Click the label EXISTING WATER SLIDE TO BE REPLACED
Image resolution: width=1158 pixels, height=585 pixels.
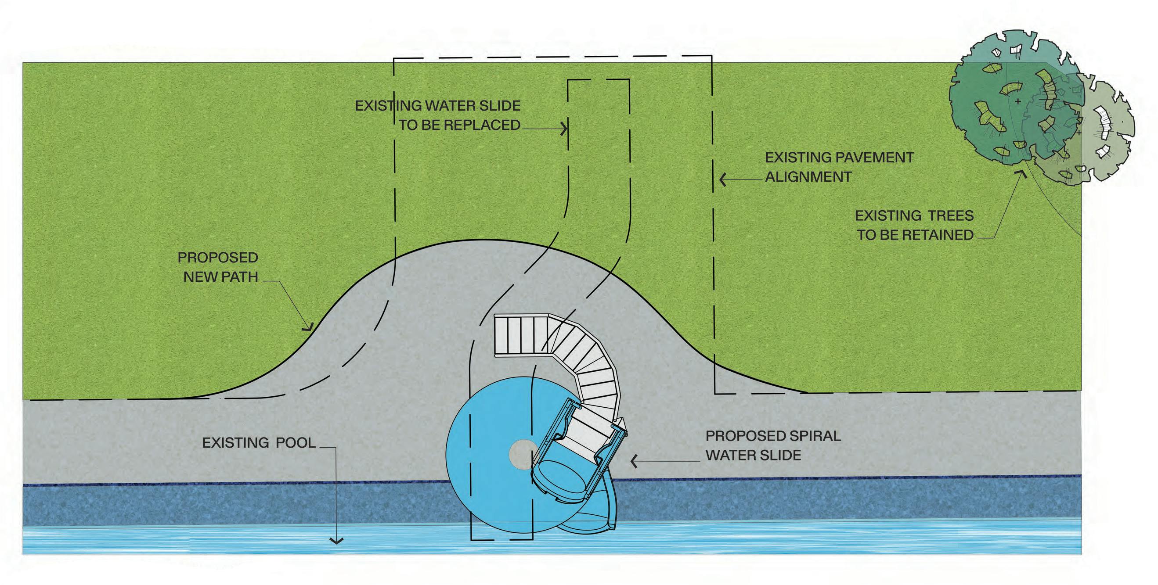point(438,115)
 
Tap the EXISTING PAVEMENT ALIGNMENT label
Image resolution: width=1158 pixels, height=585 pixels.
point(839,167)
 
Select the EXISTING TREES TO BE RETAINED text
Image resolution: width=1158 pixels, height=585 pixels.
point(914,225)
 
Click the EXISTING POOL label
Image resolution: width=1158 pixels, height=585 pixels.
point(259,443)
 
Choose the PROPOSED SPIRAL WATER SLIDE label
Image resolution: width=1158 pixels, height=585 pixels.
point(773,445)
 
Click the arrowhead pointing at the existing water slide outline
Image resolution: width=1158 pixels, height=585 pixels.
point(564,129)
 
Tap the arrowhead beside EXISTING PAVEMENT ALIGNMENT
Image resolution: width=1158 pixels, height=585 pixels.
point(722,180)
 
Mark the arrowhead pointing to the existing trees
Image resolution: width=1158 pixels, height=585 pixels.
point(1023,172)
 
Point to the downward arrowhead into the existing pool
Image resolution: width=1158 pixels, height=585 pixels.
point(336,542)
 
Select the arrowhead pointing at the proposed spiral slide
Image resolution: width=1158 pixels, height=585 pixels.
point(634,461)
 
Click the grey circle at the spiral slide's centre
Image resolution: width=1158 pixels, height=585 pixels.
point(521,455)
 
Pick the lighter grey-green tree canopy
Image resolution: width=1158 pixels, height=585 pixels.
point(1106,135)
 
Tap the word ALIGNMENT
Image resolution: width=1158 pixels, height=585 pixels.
point(808,177)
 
